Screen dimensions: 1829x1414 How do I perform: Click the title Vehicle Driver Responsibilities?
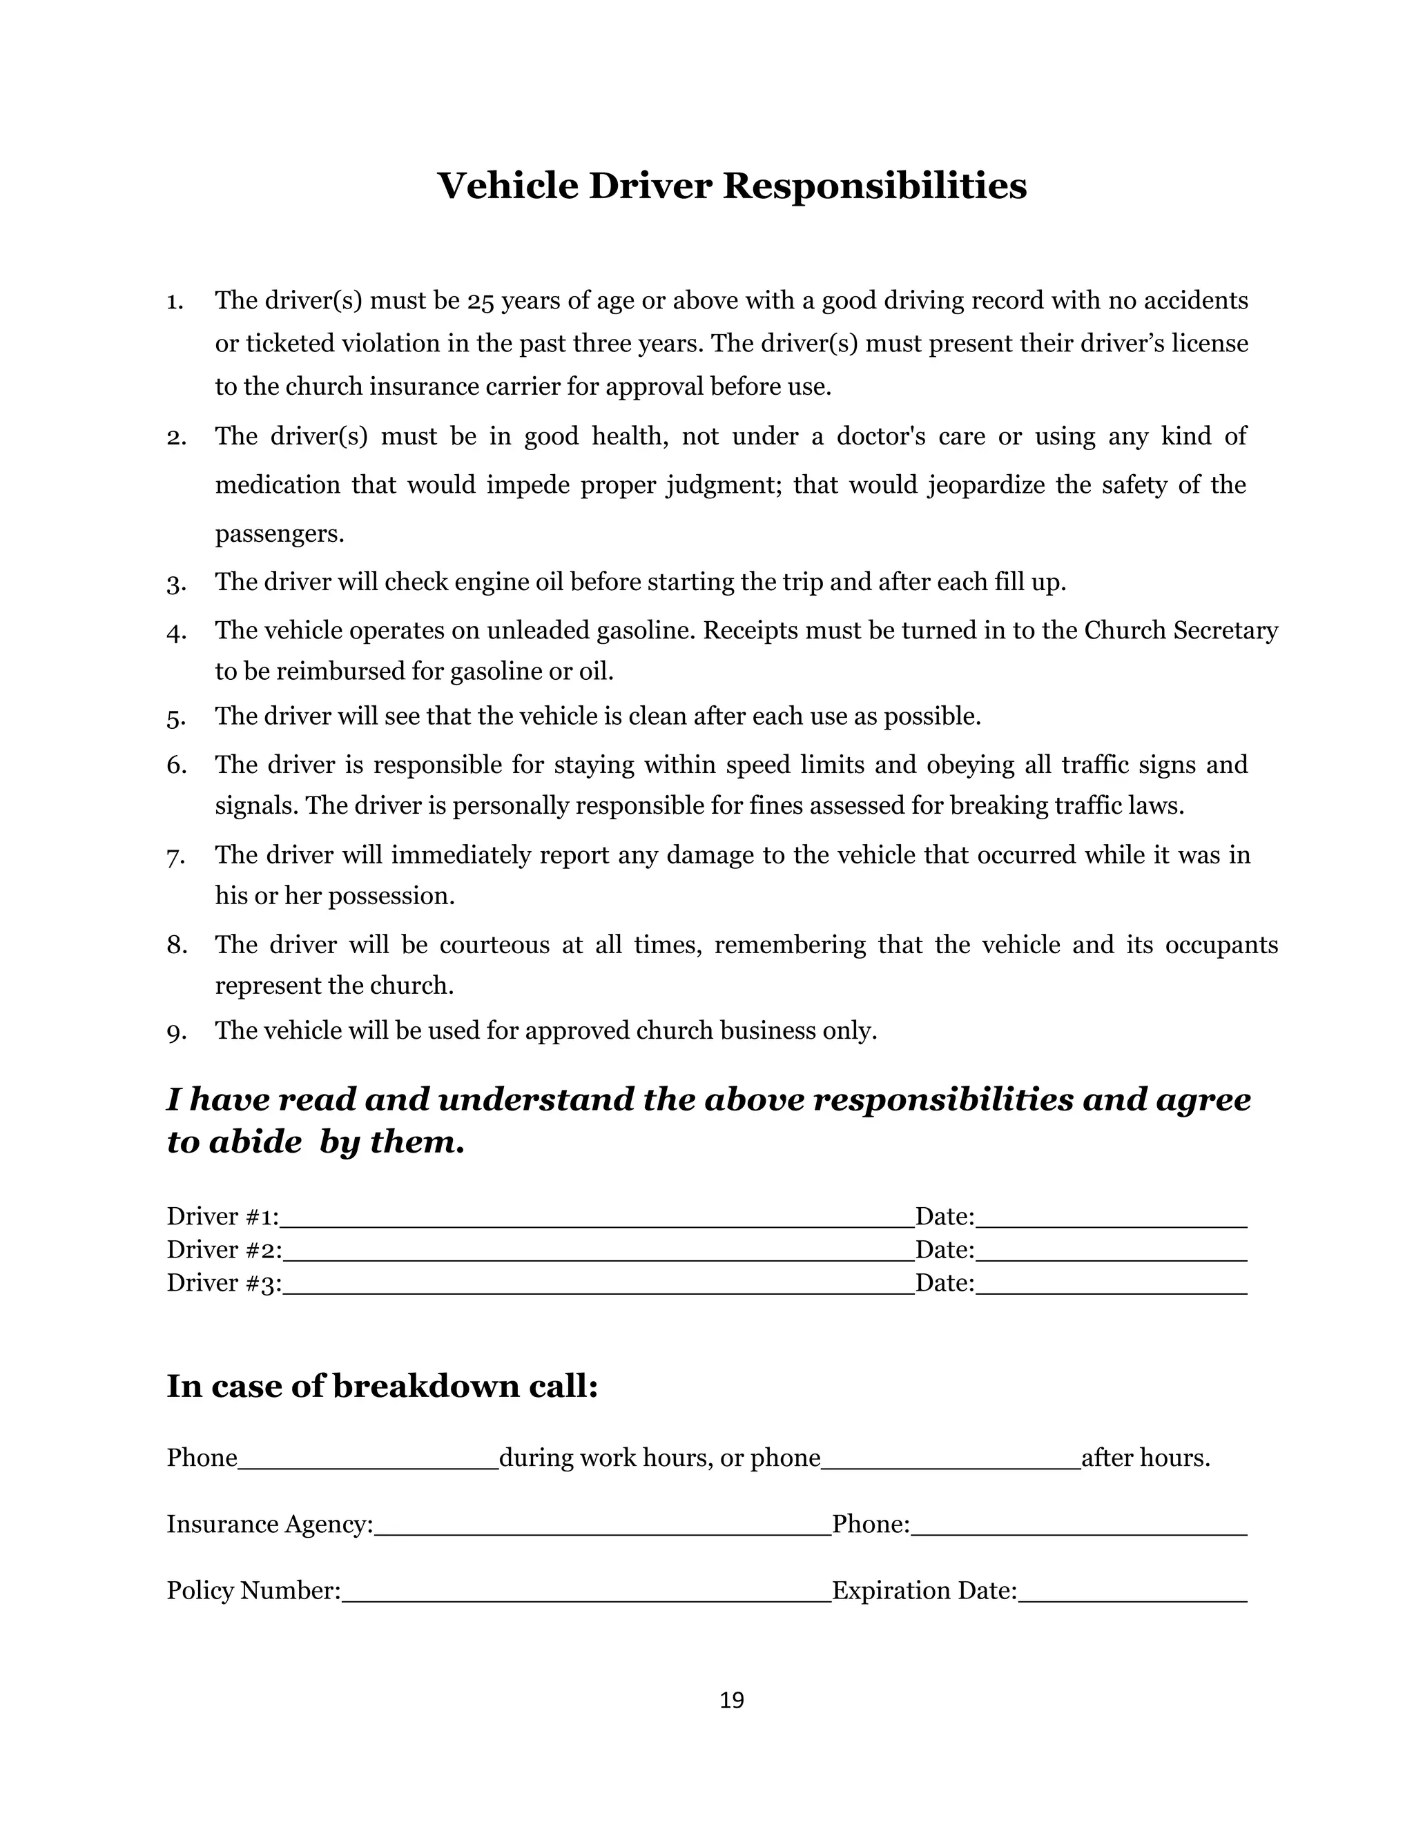click(731, 185)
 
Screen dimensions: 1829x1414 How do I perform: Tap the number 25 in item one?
click(480, 301)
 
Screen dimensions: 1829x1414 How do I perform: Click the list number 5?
click(175, 718)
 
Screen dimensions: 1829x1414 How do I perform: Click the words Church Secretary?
click(1180, 631)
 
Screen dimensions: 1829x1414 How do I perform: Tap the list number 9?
click(175, 1033)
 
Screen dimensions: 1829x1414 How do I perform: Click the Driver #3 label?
click(223, 1283)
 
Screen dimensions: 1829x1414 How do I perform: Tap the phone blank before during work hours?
click(368, 1460)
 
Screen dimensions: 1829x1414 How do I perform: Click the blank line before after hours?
click(950, 1460)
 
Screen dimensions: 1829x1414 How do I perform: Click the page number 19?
click(731, 1700)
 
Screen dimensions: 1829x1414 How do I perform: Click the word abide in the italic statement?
click(255, 1142)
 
